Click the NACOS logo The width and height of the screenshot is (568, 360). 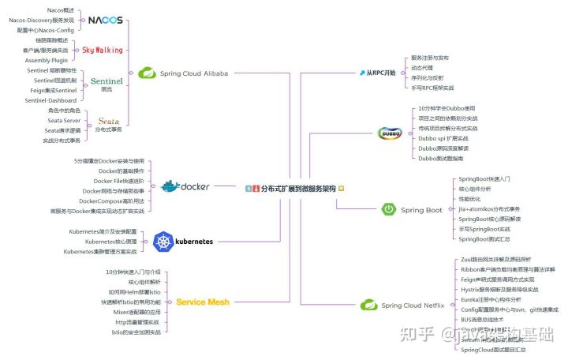104,19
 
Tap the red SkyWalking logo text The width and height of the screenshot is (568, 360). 103,50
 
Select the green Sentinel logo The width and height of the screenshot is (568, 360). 106,81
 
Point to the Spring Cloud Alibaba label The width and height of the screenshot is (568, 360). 193,73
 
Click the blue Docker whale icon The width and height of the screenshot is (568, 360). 170,187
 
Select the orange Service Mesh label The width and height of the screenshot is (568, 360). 202,302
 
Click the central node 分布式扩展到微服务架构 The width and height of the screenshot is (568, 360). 297,189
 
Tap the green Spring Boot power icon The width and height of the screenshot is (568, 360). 389,209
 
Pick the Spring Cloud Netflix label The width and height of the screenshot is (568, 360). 413,305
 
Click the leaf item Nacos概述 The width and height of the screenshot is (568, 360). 63,9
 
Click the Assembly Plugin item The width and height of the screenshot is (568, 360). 49,60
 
